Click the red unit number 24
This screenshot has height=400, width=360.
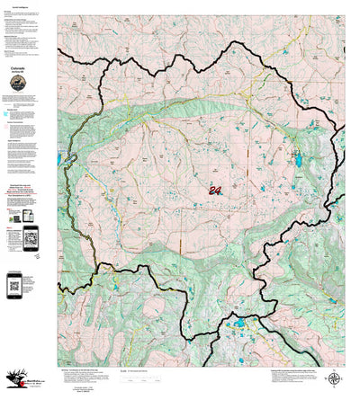(x=215, y=191)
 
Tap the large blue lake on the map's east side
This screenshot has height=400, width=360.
(x=296, y=164)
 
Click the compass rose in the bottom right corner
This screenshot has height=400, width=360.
(x=335, y=380)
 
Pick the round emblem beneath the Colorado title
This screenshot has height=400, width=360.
(x=17, y=83)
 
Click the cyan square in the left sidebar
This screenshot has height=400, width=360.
(x=8, y=114)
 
